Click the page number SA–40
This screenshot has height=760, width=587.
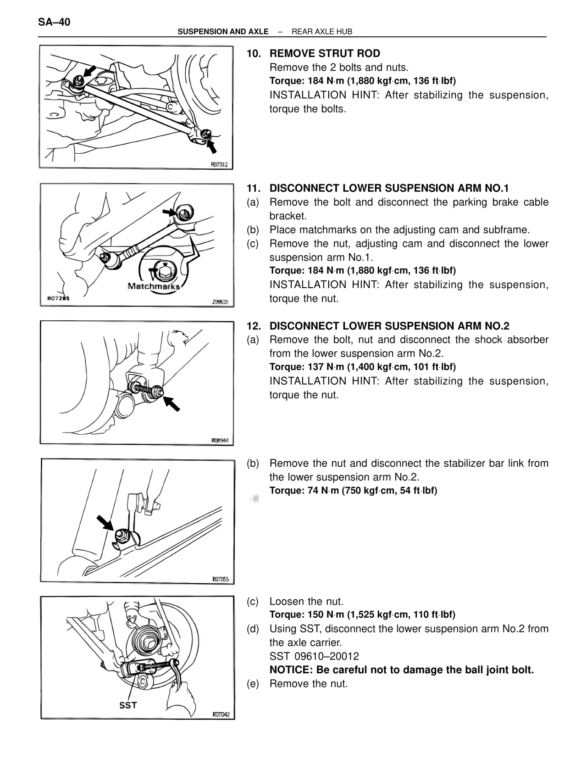[x=54, y=22]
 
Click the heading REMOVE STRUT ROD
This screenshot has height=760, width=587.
[x=325, y=54]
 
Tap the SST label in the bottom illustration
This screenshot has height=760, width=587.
[x=128, y=705]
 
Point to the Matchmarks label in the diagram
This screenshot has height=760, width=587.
[x=153, y=286]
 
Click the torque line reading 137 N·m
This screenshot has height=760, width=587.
[x=362, y=367]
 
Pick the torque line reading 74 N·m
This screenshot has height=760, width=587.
[x=353, y=491]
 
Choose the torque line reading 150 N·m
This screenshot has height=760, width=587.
[x=362, y=615]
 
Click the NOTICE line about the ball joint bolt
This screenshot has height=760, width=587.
[x=402, y=670]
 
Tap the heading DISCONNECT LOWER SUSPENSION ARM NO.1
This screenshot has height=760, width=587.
[x=389, y=188]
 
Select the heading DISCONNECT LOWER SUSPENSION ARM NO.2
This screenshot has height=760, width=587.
[x=389, y=326]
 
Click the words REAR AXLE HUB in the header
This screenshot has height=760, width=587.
[x=322, y=32]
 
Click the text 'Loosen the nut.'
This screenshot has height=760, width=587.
[x=306, y=601]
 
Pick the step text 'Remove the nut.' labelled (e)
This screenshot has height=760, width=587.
[x=308, y=684]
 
